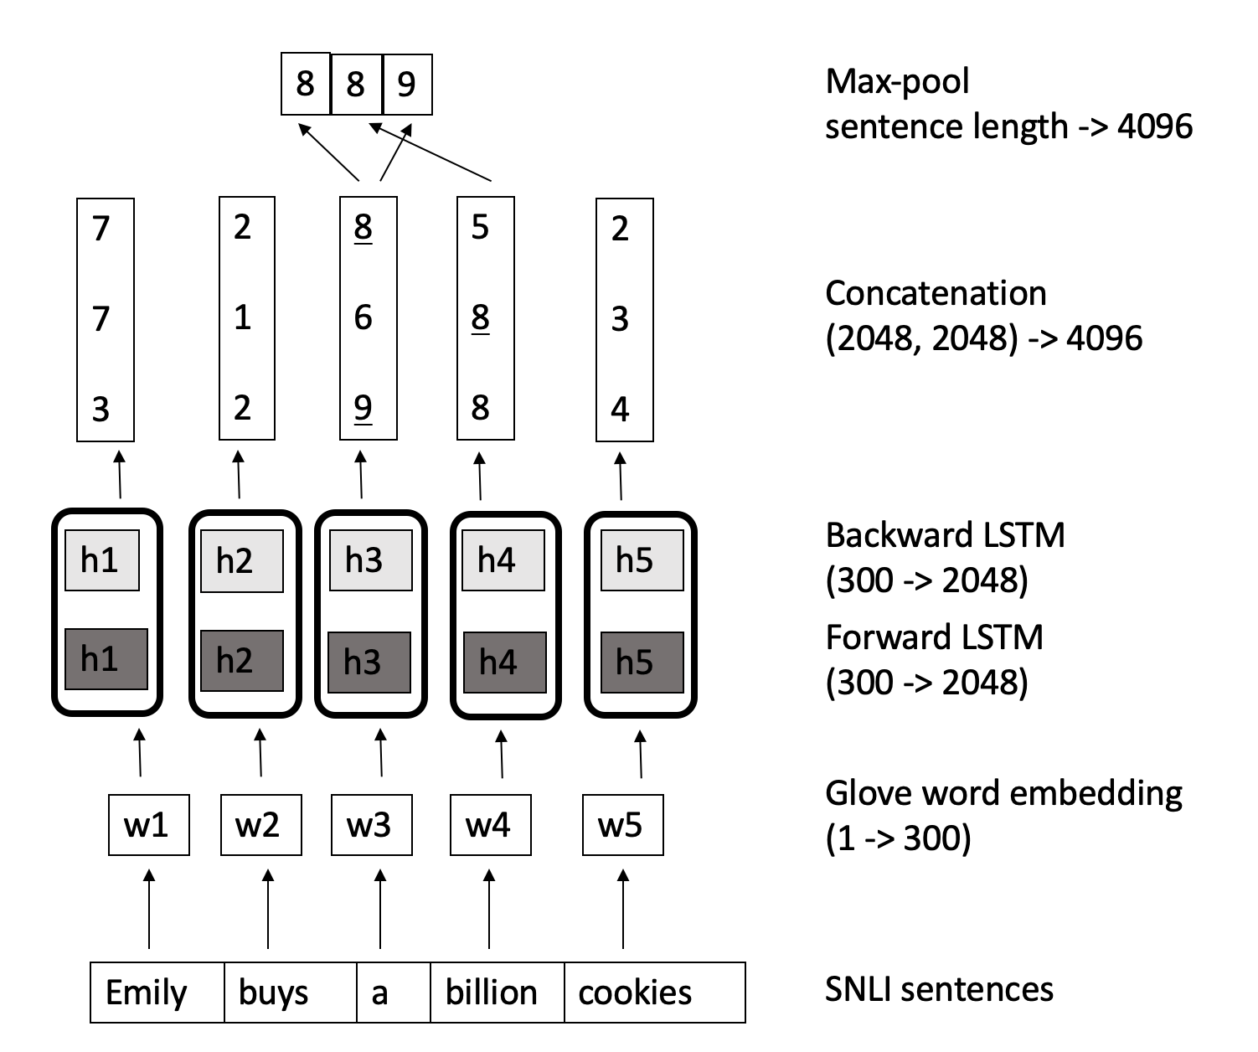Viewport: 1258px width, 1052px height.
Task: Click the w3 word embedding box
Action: pyautogui.click(x=371, y=825)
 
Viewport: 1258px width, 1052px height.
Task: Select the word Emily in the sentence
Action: pyautogui.click(x=147, y=993)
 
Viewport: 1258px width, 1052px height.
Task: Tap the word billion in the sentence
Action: pyautogui.click(x=491, y=993)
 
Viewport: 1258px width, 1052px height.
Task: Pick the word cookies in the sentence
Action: pyautogui.click(x=635, y=993)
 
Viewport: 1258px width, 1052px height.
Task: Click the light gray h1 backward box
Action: pyautogui.click(x=101, y=560)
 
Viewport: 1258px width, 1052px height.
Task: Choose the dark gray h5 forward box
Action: pyautogui.click(x=642, y=662)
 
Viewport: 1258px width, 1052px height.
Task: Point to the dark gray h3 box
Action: pyautogui.click(x=369, y=662)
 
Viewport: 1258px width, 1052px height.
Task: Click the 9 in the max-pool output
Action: pyautogui.click(x=406, y=84)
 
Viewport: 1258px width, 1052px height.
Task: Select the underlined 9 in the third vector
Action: pyautogui.click(x=363, y=408)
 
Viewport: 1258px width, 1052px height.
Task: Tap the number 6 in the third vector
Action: pyautogui.click(x=363, y=317)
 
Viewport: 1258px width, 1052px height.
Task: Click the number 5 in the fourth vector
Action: pyautogui.click(x=480, y=227)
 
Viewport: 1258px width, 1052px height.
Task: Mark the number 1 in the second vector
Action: pyautogui.click(x=242, y=317)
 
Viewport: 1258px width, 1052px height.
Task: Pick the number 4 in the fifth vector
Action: pyautogui.click(x=620, y=410)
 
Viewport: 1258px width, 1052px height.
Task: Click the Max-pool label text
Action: pyautogui.click(x=898, y=82)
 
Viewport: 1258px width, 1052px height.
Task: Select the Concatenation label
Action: pyautogui.click(x=936, y=294)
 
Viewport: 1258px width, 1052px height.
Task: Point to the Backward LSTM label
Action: pyautogui.click(x=945, y=536)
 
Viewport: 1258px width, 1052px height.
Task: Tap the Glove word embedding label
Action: pyautogui.click(x=1003, y=793)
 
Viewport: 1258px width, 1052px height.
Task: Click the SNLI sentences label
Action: pyautogui.click(x=939, y=990)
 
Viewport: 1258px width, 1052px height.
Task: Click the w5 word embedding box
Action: pyautogui.click(x=622, y=825)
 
